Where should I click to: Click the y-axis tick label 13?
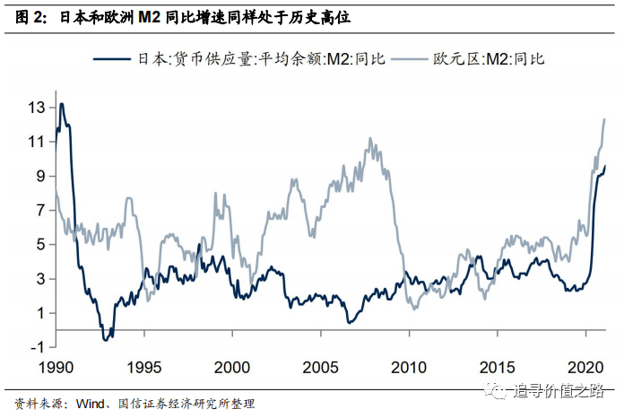point(37,108)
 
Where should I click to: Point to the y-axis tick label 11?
point(37,142)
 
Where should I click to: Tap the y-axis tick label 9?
point(41,176)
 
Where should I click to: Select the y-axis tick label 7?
point(41,210)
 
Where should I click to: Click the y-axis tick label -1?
point(37,347)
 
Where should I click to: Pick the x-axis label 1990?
point(56,368)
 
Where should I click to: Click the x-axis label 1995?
point(144,368)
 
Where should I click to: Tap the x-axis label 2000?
point(232,368)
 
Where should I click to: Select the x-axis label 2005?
point(320,368)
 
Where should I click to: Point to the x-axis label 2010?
point(409,368)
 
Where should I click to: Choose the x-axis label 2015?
point(497,368)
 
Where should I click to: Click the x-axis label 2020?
point(585,368)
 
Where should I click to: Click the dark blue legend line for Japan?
point(112,59)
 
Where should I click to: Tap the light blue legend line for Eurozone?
point(410,59)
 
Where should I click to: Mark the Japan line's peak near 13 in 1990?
point(62,104)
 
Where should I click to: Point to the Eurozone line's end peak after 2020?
point(604,119)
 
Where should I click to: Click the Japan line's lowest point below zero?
point(106,340)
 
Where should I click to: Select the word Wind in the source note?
point(91,404)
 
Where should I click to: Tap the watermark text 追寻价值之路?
point(559,390)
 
